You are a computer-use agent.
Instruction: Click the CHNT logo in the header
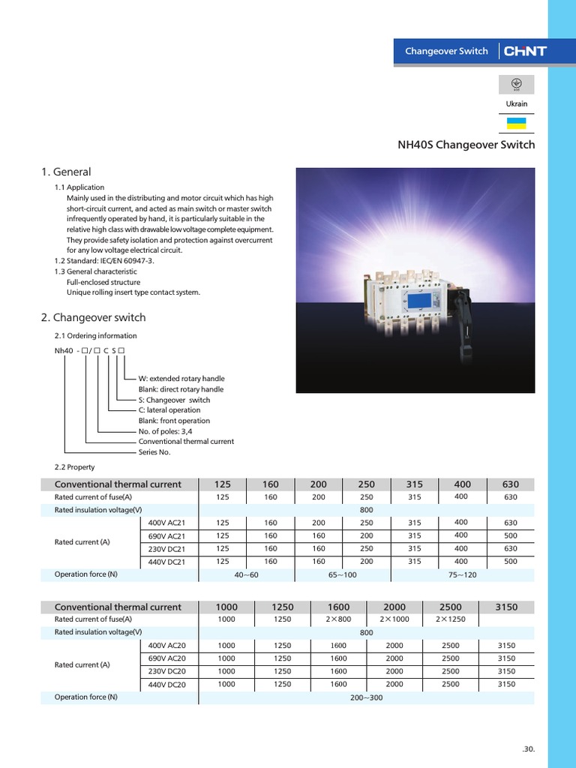point(525,52)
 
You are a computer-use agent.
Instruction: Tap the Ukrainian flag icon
point(516,123)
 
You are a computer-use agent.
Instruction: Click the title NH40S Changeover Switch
point(466,145)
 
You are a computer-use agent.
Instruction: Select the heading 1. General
point(66,172)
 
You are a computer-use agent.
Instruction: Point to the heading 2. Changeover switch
point(93,317)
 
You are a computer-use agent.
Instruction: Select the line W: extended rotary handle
point(181,379)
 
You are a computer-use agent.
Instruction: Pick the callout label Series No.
point(154,452)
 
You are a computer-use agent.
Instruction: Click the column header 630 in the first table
point(510,484)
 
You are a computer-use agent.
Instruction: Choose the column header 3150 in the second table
point(506,607)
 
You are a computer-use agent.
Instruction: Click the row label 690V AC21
point(166,535)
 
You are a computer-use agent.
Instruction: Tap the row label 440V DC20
point(166,684)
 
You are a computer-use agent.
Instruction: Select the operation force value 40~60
point(247,574)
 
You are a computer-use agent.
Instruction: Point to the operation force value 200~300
point(366,697)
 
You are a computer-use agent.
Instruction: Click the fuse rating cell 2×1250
point(450,619)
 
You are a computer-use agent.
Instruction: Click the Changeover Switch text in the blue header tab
point(446,52)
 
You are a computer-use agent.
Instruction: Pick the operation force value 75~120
point(461,574)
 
